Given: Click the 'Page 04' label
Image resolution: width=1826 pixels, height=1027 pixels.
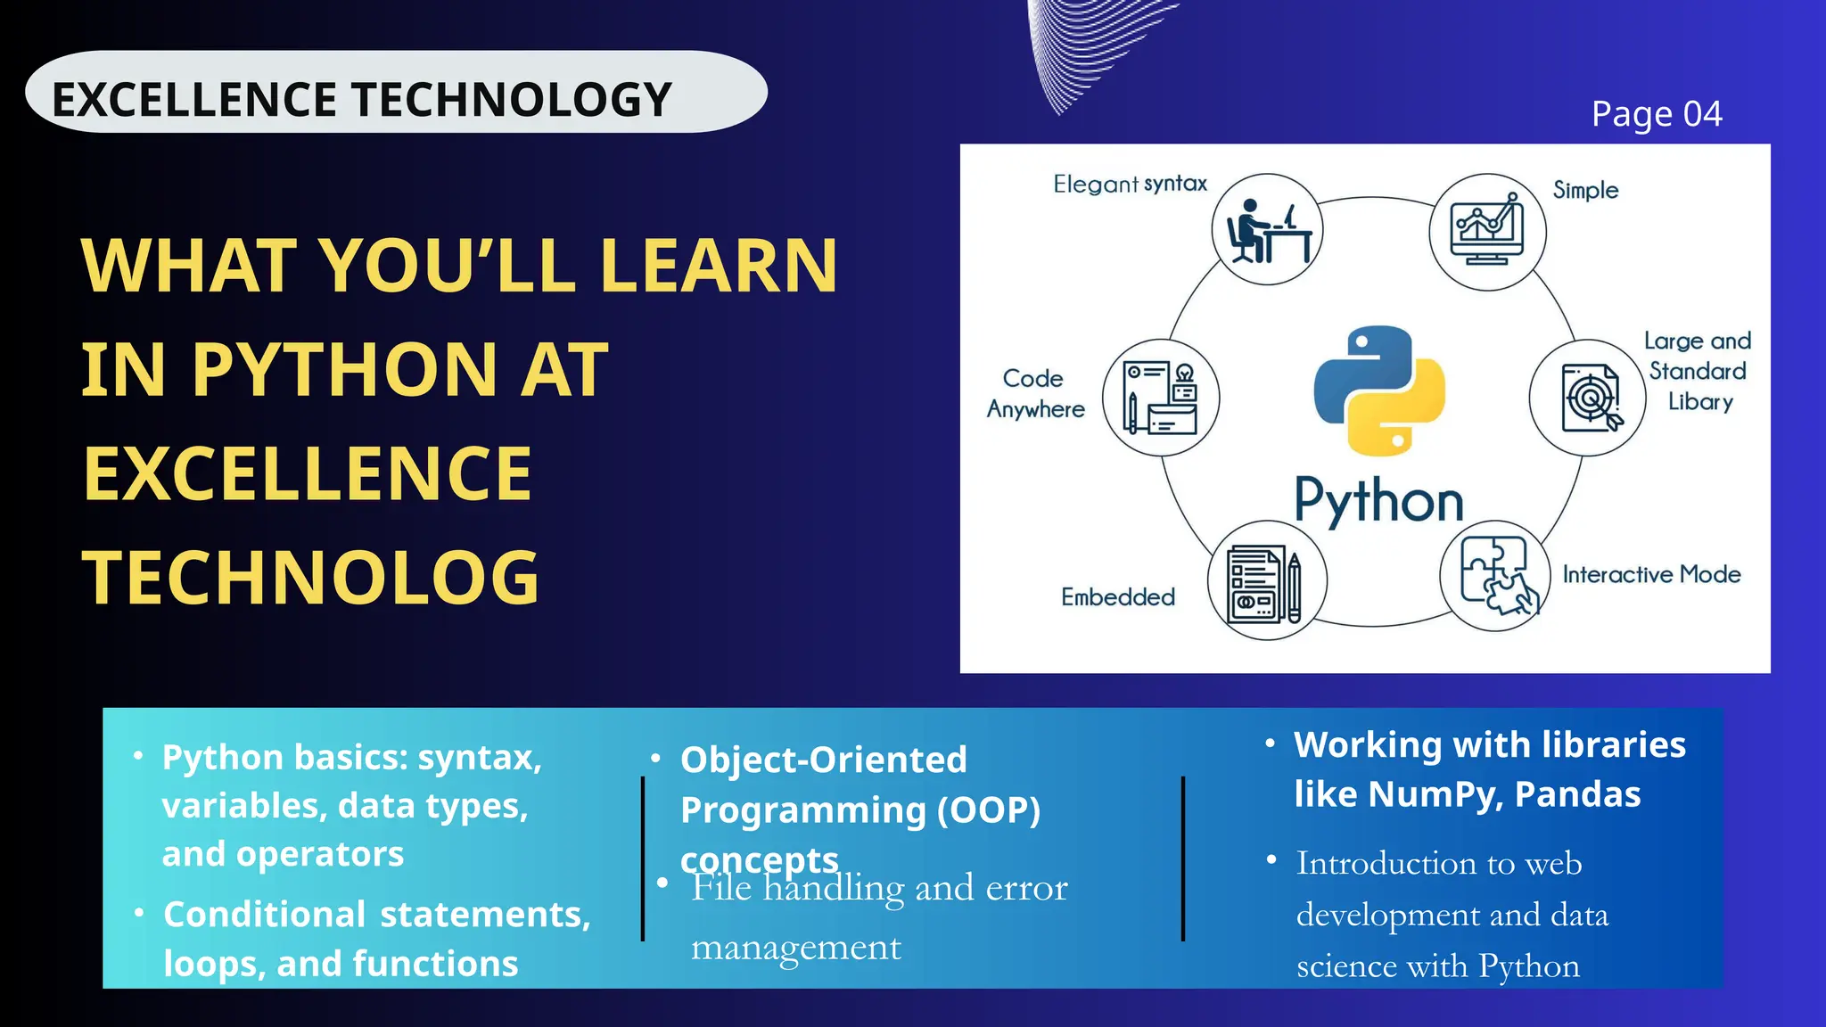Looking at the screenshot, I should point(1657,114).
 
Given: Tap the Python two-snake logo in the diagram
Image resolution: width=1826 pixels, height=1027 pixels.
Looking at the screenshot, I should point(1379,390).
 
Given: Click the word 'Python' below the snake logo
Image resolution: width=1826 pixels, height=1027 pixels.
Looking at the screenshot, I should point(1378,501).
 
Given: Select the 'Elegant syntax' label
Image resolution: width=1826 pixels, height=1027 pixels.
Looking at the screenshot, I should point(1130,184).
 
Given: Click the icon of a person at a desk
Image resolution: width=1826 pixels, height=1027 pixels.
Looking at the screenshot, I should point(1267,230).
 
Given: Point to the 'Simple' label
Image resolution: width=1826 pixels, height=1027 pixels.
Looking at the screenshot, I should point(1585,190).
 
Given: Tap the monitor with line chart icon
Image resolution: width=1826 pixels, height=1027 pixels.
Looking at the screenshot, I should point(1487,232).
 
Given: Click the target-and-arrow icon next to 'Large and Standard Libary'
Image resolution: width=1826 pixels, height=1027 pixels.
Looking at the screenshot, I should point(1588,398).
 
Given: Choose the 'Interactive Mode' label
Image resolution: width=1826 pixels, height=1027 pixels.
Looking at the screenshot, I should point(1651,574).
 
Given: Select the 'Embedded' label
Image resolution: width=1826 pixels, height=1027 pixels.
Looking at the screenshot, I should point(1118,596).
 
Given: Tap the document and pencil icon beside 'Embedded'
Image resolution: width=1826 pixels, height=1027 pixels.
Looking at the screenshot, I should point(1266,581).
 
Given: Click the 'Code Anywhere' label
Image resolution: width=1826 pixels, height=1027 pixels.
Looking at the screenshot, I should point(1035,393).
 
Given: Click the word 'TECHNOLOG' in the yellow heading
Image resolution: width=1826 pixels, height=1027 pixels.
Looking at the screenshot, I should point(311,578).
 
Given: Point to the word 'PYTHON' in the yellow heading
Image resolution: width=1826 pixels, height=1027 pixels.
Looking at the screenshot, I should point(344,369).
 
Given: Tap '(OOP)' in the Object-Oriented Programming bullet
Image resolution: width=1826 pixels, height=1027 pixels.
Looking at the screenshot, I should point(989,810).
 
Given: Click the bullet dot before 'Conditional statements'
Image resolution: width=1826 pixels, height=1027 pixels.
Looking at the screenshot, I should point(139,913).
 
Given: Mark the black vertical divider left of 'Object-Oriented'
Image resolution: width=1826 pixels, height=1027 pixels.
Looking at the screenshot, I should point(643,859).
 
